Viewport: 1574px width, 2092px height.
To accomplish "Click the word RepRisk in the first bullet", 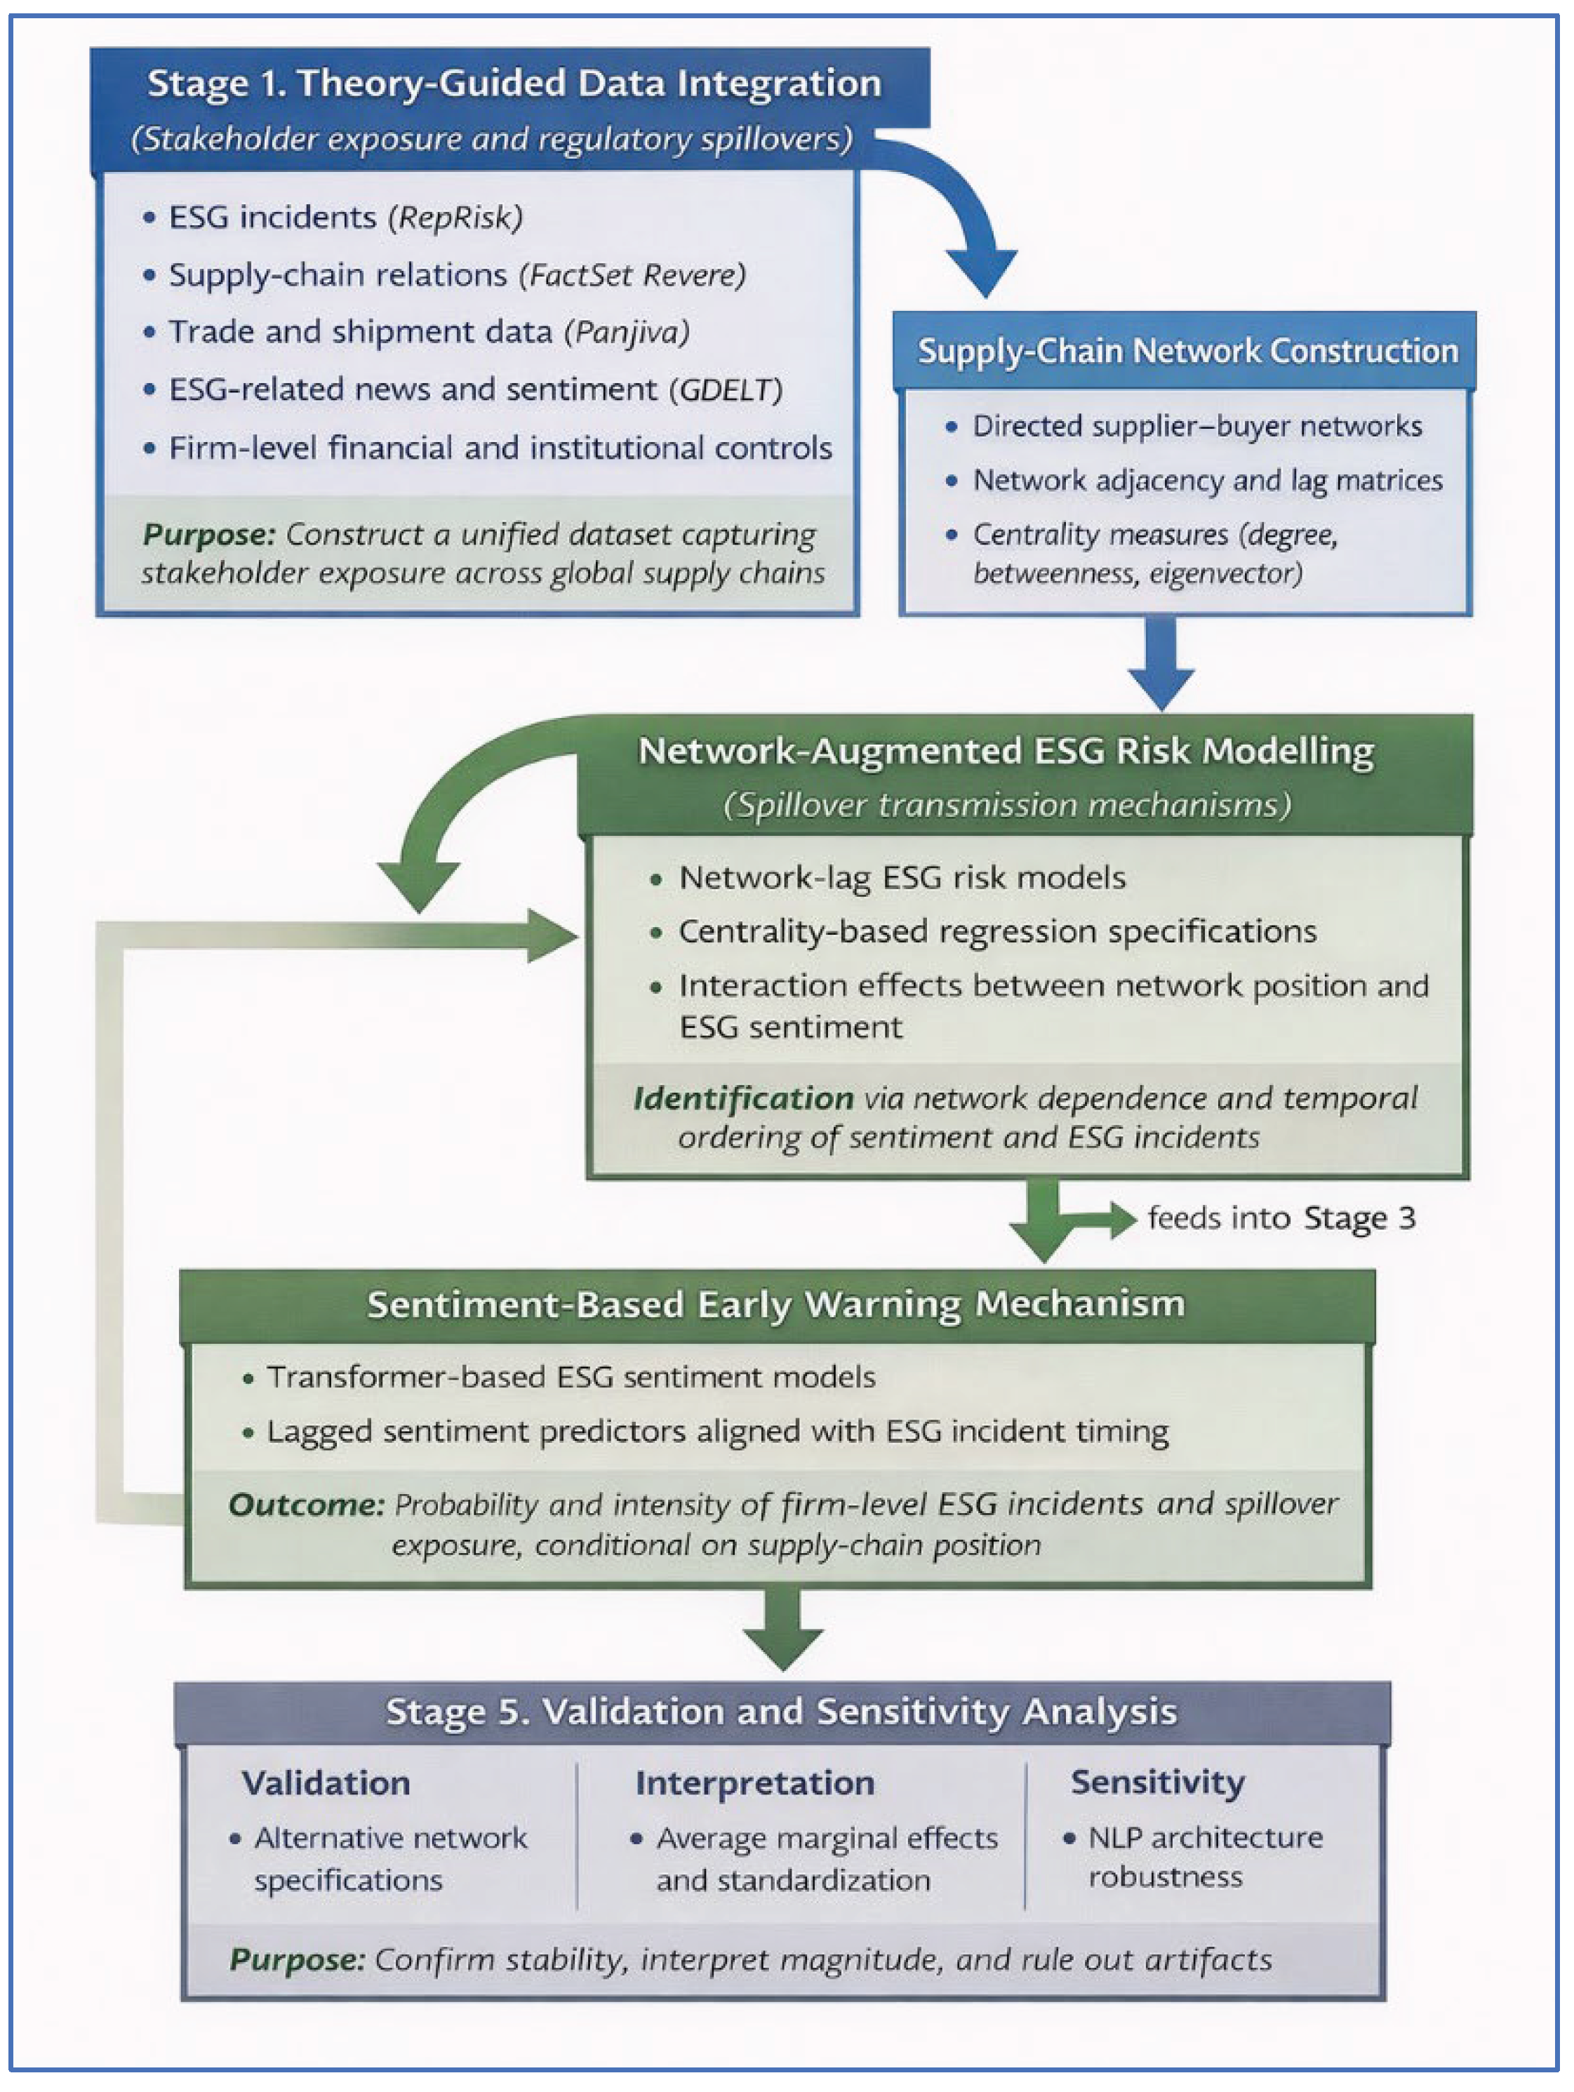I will pos(455,218).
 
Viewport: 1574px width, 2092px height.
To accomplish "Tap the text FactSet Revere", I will pos(632,275).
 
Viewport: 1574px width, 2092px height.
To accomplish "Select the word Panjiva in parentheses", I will pos(626,333).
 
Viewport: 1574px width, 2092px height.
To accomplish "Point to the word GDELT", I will pos(726,389).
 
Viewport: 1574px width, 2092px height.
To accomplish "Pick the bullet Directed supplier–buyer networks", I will pos(1196,427).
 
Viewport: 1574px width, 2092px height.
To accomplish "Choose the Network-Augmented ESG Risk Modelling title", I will pos(1006,752).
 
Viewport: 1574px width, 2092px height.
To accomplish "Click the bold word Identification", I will pos(742,1098).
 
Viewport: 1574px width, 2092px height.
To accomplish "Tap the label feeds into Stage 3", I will pos(1281,1218).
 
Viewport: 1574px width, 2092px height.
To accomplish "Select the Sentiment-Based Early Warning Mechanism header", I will pos(775,1305).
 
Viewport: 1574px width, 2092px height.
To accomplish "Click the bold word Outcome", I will pos(305,1505).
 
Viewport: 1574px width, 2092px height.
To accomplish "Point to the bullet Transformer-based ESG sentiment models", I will pos(571,1377).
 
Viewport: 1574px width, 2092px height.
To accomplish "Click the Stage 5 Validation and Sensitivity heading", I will pos(781,1712).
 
